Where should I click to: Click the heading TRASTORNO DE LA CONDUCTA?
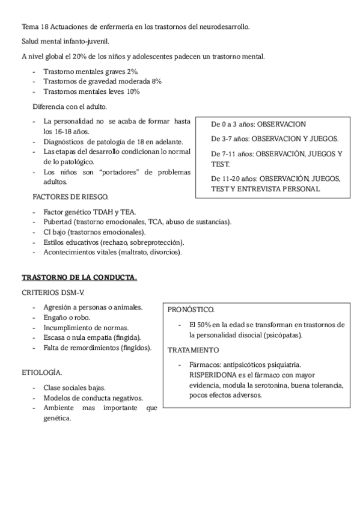pos(79,277)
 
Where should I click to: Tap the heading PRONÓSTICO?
pos(191,310)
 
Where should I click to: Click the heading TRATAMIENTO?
pos(193,349)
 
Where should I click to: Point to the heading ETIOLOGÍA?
pos(41,372)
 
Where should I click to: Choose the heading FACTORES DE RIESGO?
pos(70,197)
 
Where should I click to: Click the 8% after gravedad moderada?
pos(156,81)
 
